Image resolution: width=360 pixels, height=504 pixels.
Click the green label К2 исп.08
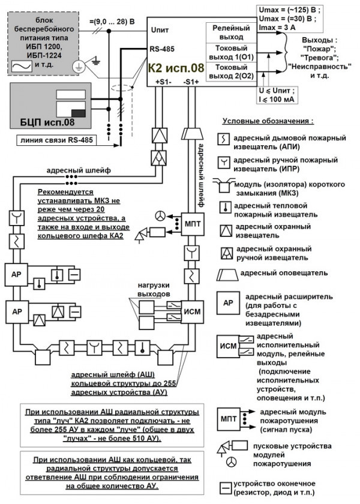[x=175, y=68]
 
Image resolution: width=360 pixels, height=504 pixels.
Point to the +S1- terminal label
[x=163, y=82]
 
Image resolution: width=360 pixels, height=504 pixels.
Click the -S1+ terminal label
[x=192, y=82]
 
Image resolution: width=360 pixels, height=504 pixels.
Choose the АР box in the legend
[x=228, y=303]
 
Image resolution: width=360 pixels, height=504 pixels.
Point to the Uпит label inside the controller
[x=161, y=28]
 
